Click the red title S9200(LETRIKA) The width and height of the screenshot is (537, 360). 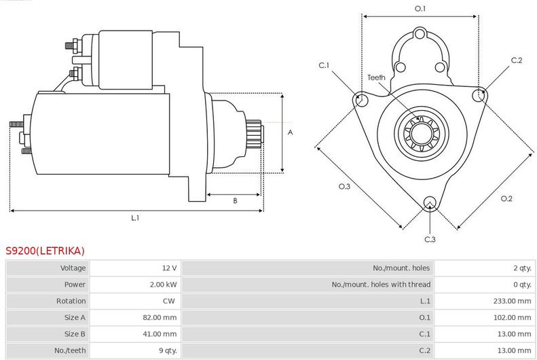pyautogui.click(x=45, y=251)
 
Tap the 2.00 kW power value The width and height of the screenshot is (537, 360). pyautogui.click(x=164, y=285)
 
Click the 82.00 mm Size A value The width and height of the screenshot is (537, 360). pyautogui.click(x=160, y=317)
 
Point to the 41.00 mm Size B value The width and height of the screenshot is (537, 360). pyautogui.click(x=160, y=334)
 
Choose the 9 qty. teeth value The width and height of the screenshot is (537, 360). pyautogui.click(x=166, y=350)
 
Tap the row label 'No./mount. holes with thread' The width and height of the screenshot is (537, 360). pyautogui.click(x=381, y=285)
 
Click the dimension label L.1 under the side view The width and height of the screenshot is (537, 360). pyautogui.click(x=135, y=218)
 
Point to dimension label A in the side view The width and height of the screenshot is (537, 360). pyautogui.click(x=290, y=132)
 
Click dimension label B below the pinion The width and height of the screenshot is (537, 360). pyautogui.click(x=235, y=200)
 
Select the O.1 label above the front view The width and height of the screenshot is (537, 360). pyautogui.click(x=420, y=8)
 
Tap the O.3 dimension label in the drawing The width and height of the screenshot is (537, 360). pyautogui.click(x=344, y=186)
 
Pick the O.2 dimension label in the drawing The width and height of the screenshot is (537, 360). pyautogui.click(x=506, y=198)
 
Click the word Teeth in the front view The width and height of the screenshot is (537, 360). pyautogui.click(x=376, y=77)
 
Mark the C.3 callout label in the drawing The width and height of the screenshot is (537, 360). pyautogui.click(x=430, y=239)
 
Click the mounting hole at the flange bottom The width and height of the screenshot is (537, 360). pyautogui.click(x=429, y=202)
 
